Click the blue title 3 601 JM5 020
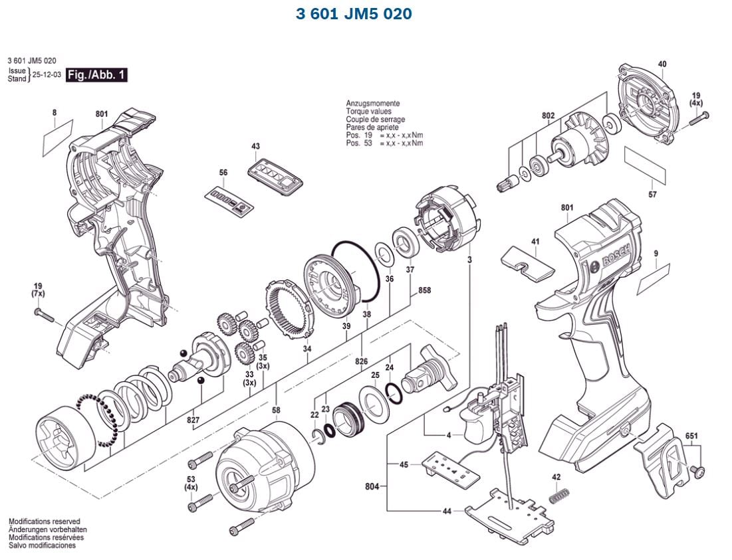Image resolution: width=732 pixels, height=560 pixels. pyautogui.click(x=354, y=14)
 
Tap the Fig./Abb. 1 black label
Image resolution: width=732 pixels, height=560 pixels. pyautogui.click(x=97, y=75)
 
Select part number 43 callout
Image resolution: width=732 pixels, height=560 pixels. pyautogui.click(x=256, y=146)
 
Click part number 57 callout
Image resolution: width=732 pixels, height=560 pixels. pyautogui.click(x=652, y=195)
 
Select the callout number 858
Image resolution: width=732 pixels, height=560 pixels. pyautogui.click(x=424, y=291)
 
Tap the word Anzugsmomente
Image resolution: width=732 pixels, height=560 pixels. pyautogui.click(x=372, y=104)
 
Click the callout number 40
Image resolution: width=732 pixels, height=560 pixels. pyautogui.click(x=662, y=64)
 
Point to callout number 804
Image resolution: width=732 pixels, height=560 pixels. pyautogui.click(x=372, y=487)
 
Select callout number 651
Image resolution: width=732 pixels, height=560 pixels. pyautogui.click(x=692, y=436)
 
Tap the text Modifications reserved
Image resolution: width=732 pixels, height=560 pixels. pyautogui.click(x=44, y=521)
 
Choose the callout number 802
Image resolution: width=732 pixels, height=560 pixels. pyautogui.click(x=548, y=116)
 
